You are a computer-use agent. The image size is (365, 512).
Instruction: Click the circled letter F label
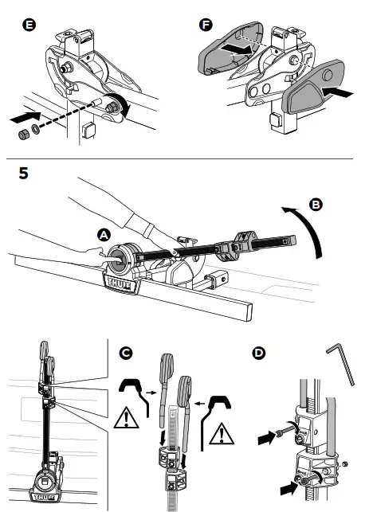(206, 25)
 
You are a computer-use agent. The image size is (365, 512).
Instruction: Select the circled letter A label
(104, 235)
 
